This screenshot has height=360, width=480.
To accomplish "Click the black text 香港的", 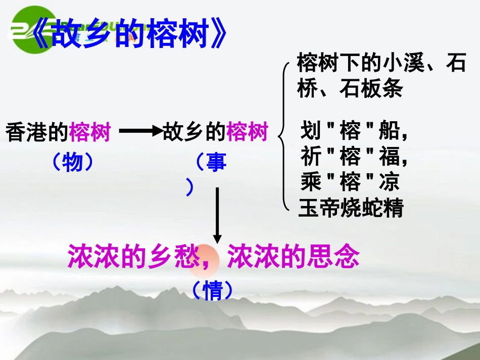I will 37,133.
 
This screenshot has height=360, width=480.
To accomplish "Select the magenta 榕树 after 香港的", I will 89,133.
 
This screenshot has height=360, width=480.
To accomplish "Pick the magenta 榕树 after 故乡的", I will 247,133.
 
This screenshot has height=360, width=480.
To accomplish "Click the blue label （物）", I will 73,162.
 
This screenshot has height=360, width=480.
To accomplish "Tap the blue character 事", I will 216,163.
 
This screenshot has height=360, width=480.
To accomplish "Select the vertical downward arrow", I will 217,215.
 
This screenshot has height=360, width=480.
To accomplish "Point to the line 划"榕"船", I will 354,132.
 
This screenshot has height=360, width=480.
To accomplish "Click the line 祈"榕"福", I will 354,157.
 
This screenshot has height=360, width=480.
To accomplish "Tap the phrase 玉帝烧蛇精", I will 351,208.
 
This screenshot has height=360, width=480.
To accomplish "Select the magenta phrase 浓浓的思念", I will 293,257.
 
